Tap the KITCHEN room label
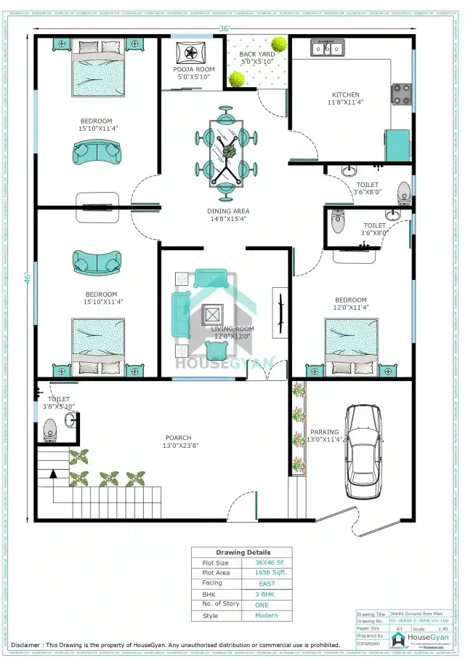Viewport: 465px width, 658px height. [345, 95]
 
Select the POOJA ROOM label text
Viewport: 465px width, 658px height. [194, 70]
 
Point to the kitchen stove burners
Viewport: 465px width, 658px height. [401, 92]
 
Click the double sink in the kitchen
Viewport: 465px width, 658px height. [327, 49]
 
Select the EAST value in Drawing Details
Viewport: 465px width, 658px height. [267, 584]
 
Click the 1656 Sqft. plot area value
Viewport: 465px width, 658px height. [270, 573]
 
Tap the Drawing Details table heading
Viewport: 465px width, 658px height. [242, 552]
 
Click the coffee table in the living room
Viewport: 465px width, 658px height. [213, 315]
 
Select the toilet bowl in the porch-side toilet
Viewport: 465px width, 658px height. [50, 433]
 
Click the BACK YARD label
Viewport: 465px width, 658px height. [257, 55]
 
